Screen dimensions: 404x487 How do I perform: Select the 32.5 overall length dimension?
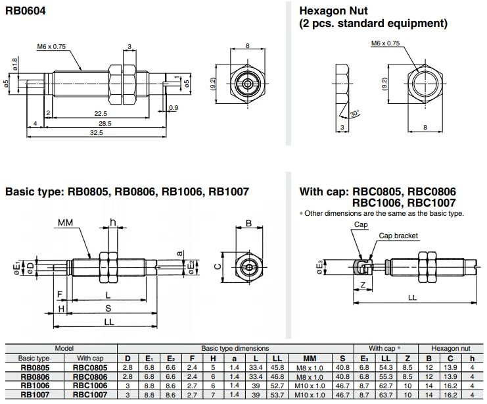click(x=97, y=132)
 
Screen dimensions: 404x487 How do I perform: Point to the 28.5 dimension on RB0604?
click(x=104, y=123)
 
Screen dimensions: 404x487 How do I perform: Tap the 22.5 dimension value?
click(x=101, y=113)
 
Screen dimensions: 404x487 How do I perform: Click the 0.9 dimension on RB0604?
click(x=174, y=108)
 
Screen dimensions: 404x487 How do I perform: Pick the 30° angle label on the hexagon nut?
click(x=355, y=114)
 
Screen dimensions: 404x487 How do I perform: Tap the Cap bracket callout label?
click(x=398, y=236)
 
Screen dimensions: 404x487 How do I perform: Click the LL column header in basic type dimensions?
click(x=277, y=358)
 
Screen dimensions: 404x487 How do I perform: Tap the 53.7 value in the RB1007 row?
click(x=277, y=394)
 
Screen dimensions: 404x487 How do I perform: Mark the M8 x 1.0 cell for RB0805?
click(x=306, y=367)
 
